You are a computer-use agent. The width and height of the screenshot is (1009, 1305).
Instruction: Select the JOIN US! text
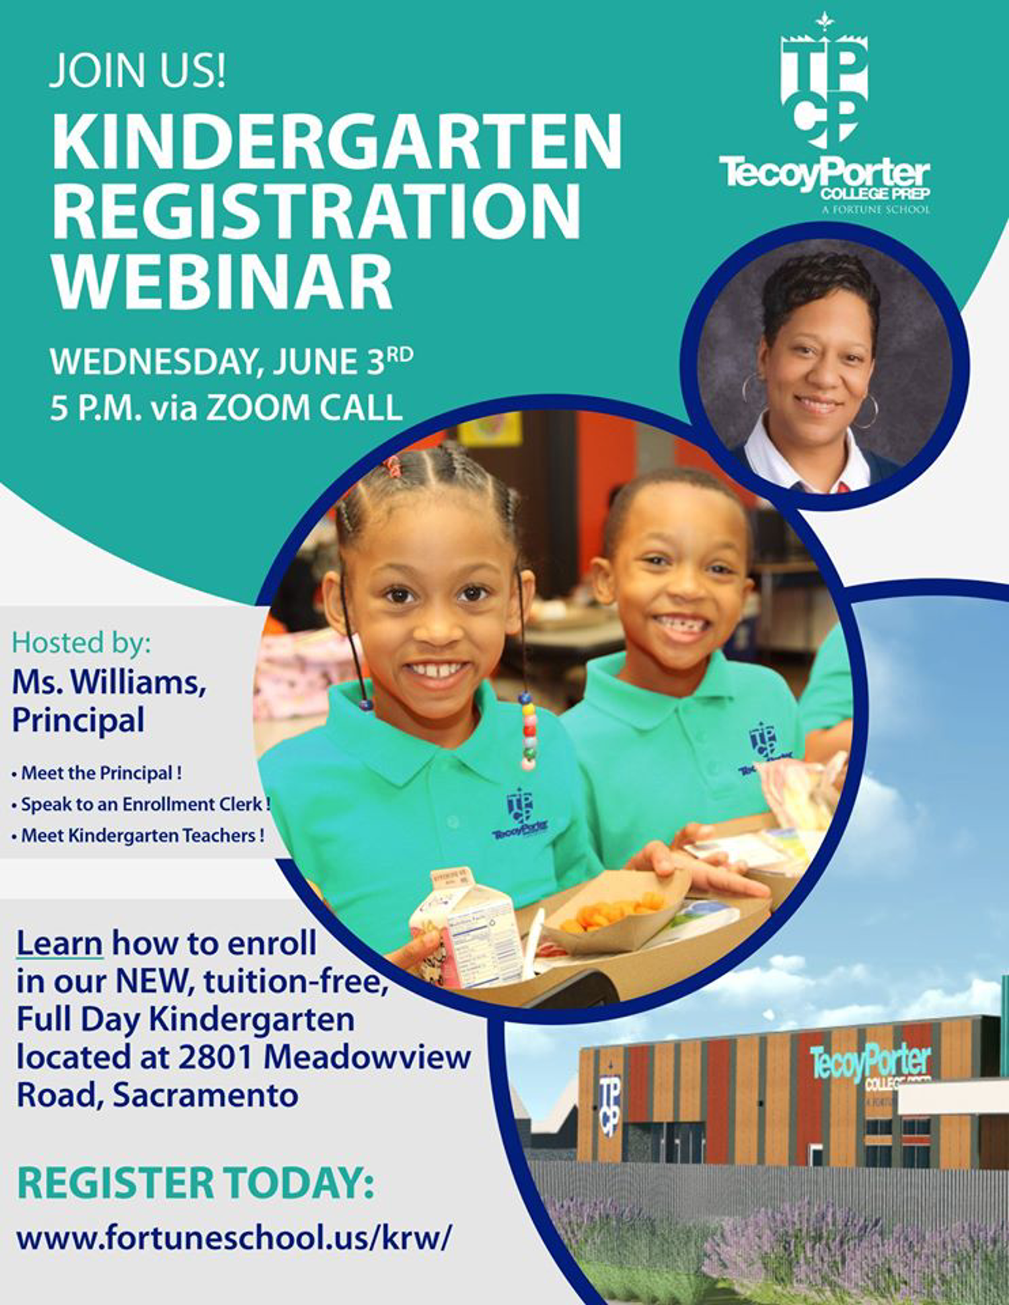click(137, 71)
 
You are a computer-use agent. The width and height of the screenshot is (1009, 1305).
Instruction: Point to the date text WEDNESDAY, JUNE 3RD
click(231, 361)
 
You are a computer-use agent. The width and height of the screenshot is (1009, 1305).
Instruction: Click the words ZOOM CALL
click(303, 407)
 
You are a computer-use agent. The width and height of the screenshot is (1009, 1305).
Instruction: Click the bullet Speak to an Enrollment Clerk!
click(141, 804)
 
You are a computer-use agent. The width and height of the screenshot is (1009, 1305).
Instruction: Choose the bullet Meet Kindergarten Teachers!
click(138, 836)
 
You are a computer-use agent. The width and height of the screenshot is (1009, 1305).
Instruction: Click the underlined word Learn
click(59, 943)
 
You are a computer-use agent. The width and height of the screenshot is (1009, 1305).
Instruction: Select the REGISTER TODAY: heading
click(195, 1183)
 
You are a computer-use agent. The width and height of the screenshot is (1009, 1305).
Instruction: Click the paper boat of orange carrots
click(615, 912)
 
